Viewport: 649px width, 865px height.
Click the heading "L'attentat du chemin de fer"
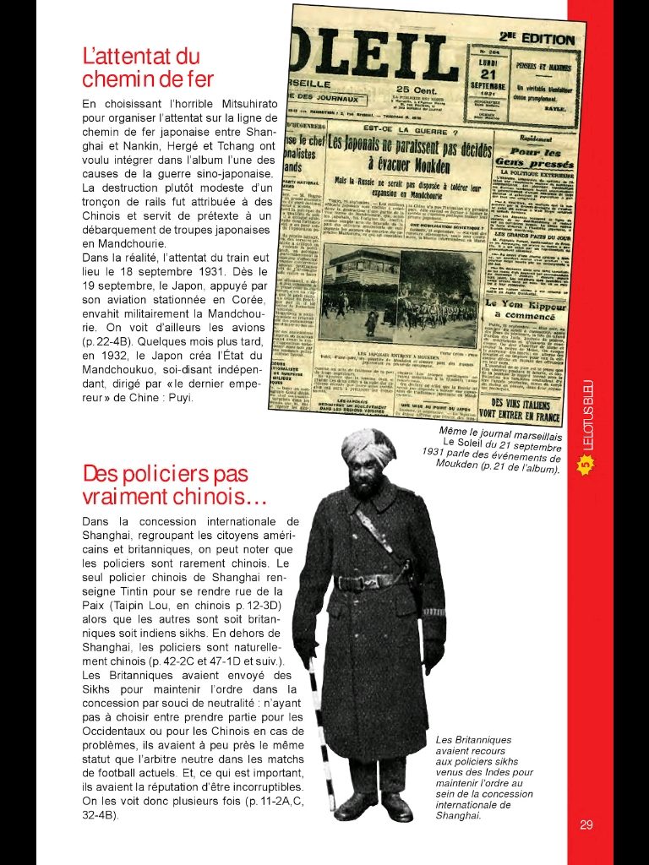(x=148, y=68)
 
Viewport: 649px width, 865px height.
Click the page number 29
(x=586, y=825)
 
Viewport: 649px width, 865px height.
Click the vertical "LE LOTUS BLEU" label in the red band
(x=587, y=414)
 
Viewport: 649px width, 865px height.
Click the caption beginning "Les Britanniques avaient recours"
(x=483, y=777)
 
